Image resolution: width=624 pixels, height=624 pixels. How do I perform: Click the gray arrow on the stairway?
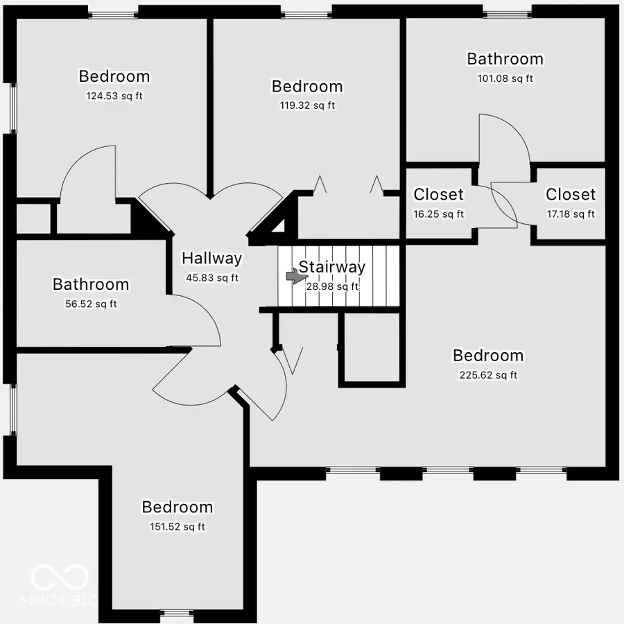coord(296,277)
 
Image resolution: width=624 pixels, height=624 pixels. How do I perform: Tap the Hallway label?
coord(211,259)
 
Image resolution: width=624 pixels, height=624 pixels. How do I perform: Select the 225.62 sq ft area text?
coord(488,375)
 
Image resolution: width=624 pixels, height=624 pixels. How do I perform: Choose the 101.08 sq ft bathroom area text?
coord(505,78)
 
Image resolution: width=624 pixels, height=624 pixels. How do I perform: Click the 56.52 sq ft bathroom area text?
coord(90,304)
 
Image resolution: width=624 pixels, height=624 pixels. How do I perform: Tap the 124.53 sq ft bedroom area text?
coord(114,96)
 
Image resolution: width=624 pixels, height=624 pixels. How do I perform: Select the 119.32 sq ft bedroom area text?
coord(307,105)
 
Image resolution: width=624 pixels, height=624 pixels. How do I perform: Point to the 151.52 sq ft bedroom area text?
coord(177,527)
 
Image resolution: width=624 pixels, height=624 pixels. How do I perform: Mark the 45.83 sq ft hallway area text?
coord(211,277)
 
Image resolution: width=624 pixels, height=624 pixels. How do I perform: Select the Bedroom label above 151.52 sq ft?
coord(177,508)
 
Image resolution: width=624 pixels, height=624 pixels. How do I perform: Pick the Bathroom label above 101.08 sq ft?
coord(505,59)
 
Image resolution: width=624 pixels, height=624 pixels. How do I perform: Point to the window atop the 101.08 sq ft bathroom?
coord(508,12)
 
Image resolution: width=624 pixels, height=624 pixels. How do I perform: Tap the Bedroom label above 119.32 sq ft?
coord(307,87)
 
